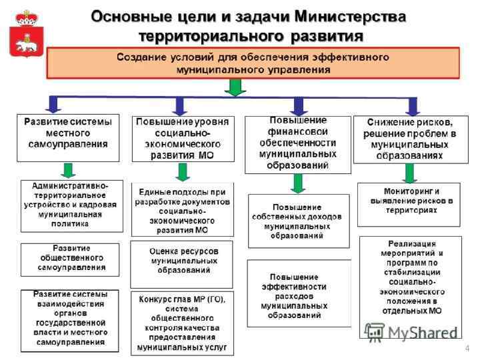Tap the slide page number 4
(x=467, y=348)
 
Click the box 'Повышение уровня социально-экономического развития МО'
(x=183, y=139)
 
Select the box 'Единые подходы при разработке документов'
(x=183, y=209)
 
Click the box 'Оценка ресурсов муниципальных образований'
(x=181, y=261)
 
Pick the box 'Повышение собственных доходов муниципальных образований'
(x=298, y=221)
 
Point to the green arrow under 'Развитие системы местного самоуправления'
(x=68, y=171)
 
